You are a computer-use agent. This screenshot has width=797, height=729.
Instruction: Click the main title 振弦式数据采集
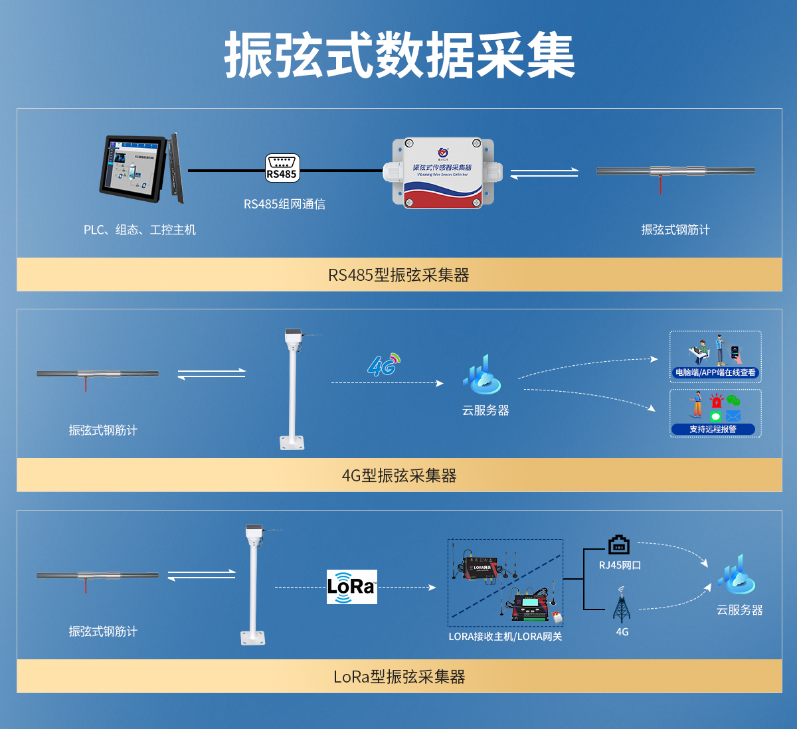[x=399, y=56]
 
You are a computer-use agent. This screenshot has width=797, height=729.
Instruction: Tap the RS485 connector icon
[x=282, y=168]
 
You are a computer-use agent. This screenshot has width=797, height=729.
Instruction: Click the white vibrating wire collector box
[x=443, y=173]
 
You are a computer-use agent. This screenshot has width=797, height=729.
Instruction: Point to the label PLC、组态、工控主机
[x=139, y=230]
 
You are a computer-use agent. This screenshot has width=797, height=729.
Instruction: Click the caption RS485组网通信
[x=284, y=204]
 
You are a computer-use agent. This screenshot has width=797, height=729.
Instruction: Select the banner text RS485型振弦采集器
[x=398, y=275]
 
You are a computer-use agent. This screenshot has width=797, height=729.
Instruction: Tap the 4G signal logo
[x=384, y=364]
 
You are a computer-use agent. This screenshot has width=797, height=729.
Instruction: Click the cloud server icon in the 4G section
[x=482, y=376]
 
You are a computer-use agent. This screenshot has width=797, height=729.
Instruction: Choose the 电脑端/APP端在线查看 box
[x=715, y=357]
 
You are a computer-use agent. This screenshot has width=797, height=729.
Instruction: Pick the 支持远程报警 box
[x=715, y=414]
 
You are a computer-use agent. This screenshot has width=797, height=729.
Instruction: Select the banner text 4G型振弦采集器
[x=398, y=475]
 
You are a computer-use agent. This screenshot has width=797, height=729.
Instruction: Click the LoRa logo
[x=351, y=587]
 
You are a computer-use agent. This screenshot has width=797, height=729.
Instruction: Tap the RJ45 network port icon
[x=619, y=545]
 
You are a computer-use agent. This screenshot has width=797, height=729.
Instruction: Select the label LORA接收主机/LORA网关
[x=505, y=636]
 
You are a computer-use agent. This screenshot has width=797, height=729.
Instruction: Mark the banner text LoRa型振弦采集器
[x=398, y=677]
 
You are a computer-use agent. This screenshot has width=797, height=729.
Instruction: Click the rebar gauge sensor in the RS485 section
[x=675, y=172]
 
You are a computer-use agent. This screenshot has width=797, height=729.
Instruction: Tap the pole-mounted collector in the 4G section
[x=292, y=388]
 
